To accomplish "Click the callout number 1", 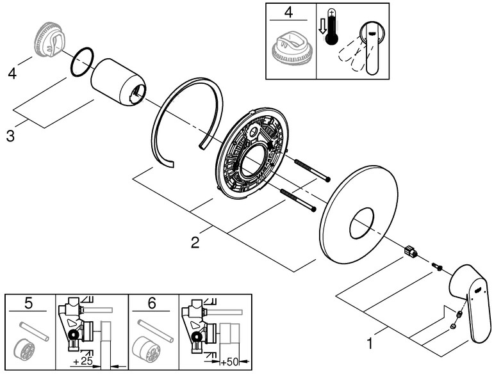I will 368,344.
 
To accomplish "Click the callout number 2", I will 195,242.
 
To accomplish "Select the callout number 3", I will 10,136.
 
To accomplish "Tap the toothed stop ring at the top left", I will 48,39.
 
